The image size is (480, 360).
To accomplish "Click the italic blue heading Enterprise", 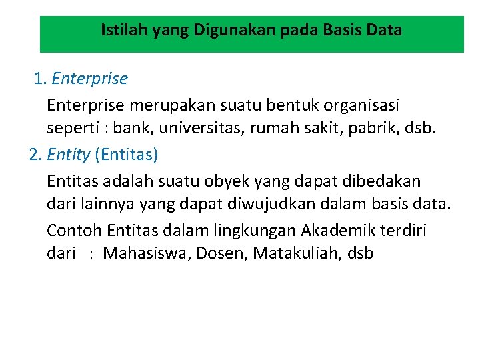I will coord(89,79).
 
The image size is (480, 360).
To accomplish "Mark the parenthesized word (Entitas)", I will coord(127,155).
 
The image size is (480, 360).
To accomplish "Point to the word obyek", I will coord(224,181).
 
